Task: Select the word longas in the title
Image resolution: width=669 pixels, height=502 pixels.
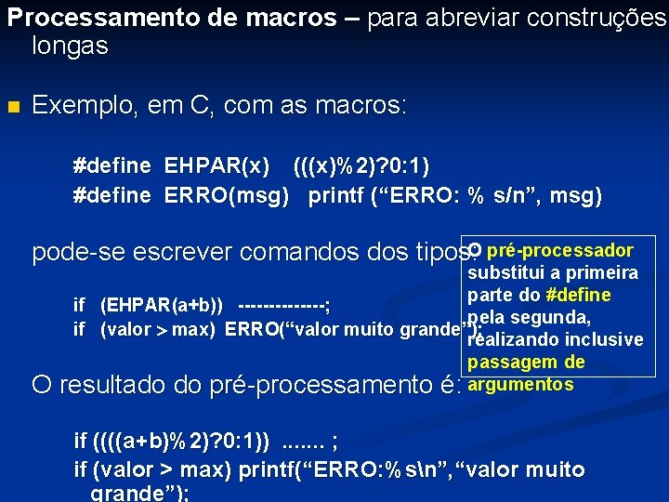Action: click(70, 46)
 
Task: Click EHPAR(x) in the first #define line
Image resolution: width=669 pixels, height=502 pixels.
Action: click(217, 166)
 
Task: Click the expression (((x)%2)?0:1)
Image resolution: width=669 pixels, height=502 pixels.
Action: click(361, 166)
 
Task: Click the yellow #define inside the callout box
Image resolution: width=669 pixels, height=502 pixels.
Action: click(578, 295)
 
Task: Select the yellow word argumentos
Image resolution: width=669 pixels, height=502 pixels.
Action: click(521, 384)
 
